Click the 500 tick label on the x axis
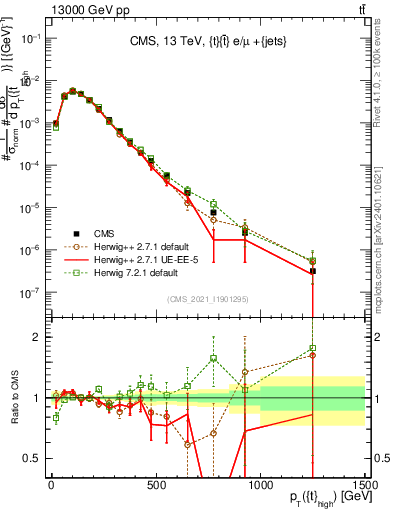point(156,484)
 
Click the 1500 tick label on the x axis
point(364,484)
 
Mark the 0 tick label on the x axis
point(51,484)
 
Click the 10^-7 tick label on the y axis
point(29,292)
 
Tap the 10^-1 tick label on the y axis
point(29,37)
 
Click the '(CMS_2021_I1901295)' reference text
point(207,299)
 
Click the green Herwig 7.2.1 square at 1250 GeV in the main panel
point(312,261)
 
